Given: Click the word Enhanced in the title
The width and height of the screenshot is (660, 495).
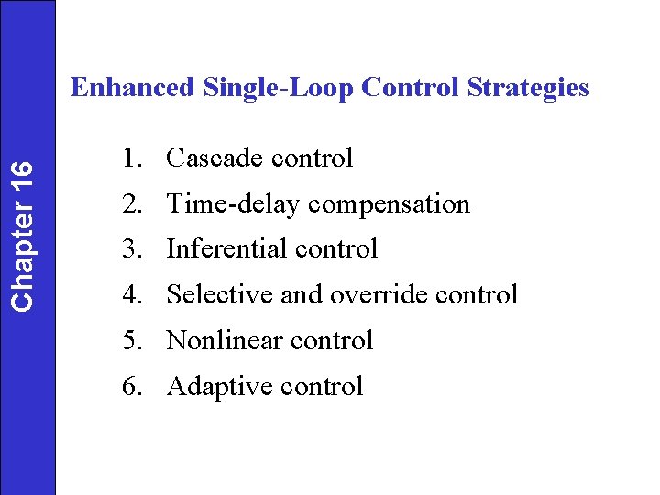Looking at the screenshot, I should pyautogui.click(x=132, y=88).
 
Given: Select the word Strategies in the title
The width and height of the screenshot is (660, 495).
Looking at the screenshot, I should pyautogui.click(x=527, y=88).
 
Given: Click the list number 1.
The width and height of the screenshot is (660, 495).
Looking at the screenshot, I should pyautogui.click(x=131, y=159).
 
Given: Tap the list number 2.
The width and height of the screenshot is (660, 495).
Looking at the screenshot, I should pyautogui.click(x=131, y=204).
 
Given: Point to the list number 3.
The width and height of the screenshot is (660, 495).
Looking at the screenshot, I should pyautogui.click(x=131, y=249).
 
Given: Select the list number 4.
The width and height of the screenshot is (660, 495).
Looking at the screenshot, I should pyautogui.click(x=131, y=295).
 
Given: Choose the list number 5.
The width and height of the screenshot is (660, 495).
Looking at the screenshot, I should pyautogui.click(x=131, y=341).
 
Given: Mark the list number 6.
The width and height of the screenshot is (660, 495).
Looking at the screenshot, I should pyautogui.click(x=131, y=387).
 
